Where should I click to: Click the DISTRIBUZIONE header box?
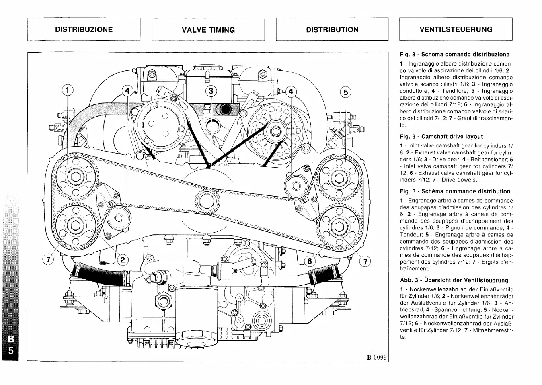(x=84, y=29)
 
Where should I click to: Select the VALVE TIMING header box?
(x=208, y=29)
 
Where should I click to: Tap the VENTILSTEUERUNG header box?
(x=456, y=29)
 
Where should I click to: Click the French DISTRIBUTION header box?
(x=332, y=29)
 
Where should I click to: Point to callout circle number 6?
(x=309, y=262)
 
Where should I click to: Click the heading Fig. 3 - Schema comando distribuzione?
(x=454, y=54)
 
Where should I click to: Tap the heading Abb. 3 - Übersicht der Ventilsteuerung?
(x=454, y=280)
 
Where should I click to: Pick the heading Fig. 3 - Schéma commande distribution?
(x=455, y=191)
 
